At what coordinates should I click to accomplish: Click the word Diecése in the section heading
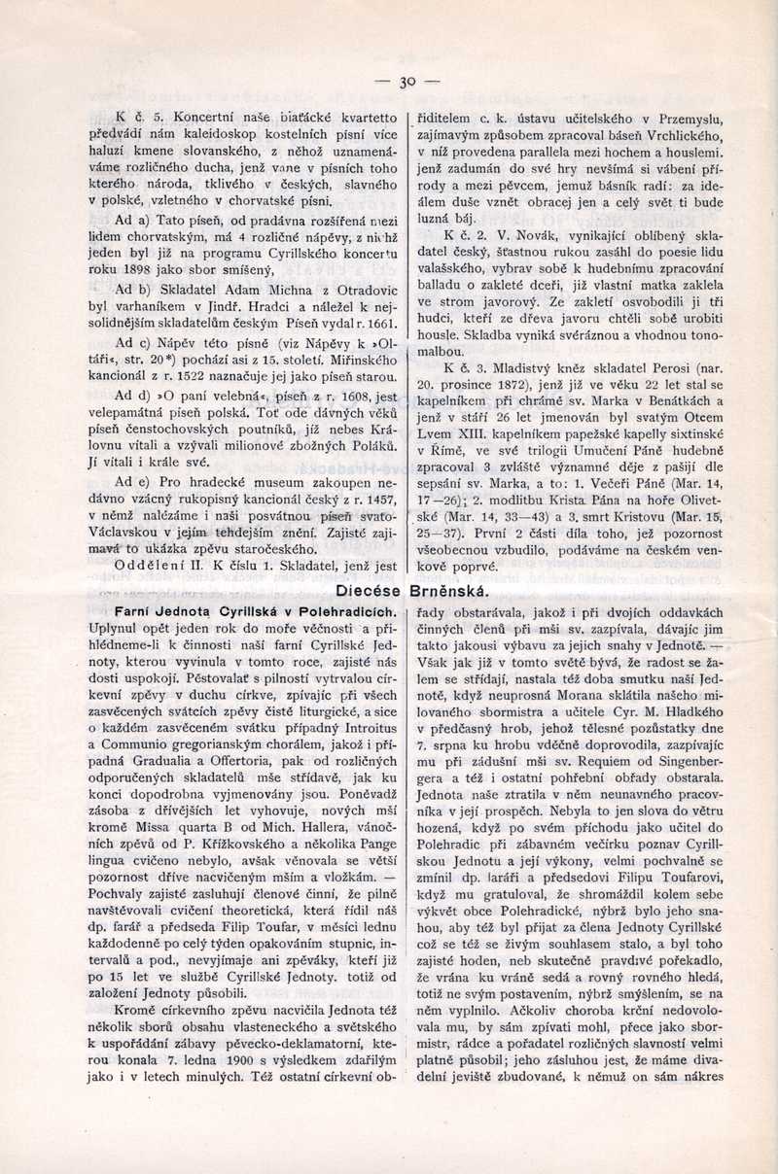(368, 590)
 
